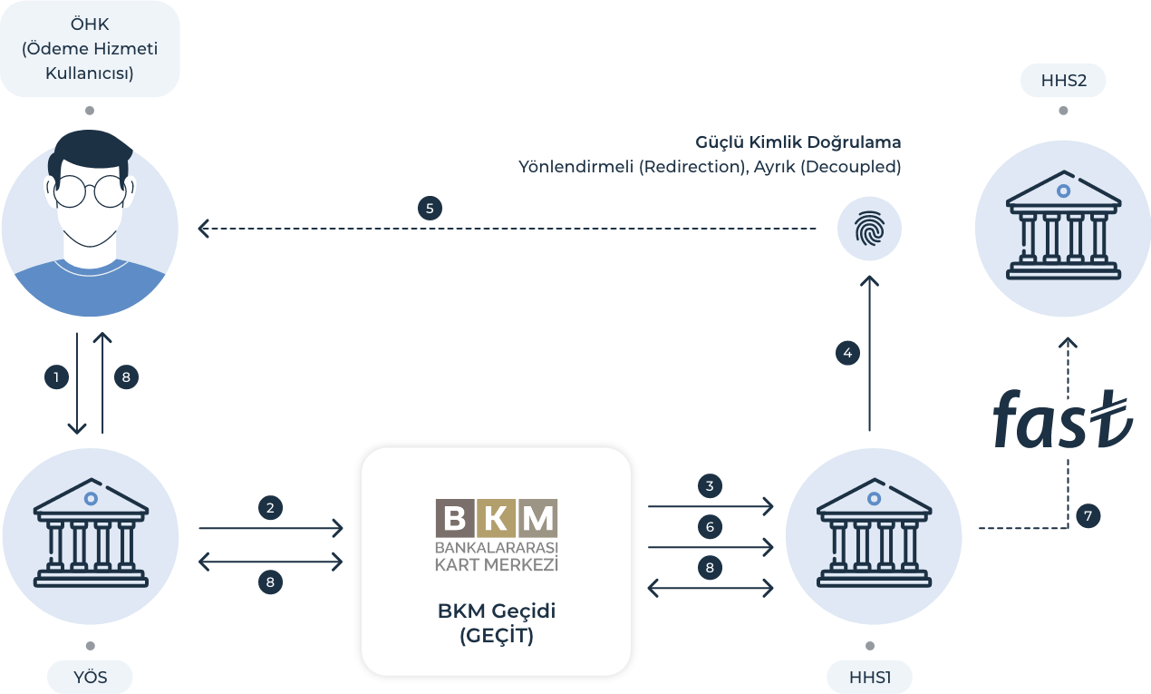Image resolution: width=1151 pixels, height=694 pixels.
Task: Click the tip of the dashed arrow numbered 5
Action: [x=199, y=229]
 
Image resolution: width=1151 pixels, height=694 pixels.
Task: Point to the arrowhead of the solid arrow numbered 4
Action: [x=869, y=278]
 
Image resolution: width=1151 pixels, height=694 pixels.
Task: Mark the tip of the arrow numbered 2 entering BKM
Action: [x=343, y=528]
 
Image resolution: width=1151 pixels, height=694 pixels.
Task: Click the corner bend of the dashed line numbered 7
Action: [x=1068, y=528]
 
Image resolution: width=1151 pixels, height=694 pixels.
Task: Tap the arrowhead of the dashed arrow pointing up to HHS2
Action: [x=1068, y=338]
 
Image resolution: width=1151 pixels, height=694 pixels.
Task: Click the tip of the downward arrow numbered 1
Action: [x=77, y=433]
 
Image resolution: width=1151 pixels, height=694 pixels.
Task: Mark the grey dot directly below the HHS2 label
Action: [x=1063, y=111]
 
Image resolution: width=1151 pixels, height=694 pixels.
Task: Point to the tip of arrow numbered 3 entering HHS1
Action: [x=773, y=506]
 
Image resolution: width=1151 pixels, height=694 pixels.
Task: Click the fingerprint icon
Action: [x=869, y=229]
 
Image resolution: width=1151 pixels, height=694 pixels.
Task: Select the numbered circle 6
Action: [x=710, y=527]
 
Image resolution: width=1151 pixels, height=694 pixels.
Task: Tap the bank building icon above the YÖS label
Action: [x=91, y=533]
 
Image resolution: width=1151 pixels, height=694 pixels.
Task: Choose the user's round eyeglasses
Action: [x=90, y=191]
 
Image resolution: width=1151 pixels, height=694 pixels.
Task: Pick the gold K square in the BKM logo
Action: [x=497, y=518]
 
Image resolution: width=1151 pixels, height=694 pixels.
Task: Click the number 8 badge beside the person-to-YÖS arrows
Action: [x=126, y=377]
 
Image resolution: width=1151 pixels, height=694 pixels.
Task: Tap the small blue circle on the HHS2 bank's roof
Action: [x=1063, y=191]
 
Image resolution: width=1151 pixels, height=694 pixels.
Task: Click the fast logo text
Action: [x=1062, y=419]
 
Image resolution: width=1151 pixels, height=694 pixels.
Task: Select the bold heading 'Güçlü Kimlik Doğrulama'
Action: [x=798, y=142]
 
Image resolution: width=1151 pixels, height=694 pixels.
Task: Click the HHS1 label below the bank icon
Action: [x=869, y=677]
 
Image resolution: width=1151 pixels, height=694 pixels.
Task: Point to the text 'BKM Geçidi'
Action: [x=497, y=611]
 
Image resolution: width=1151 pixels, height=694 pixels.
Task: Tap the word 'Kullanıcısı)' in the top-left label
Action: [x=90, y=73]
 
